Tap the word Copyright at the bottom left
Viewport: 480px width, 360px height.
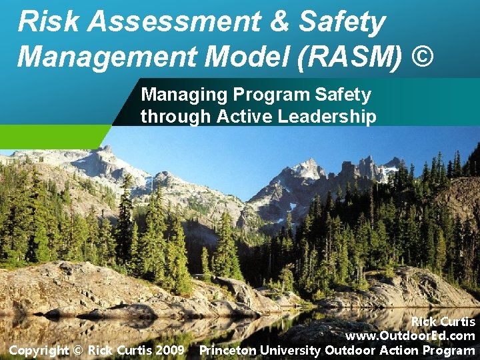point(39,350)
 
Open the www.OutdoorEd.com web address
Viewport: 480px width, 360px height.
point(411,336)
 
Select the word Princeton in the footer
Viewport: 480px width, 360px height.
point(228,350)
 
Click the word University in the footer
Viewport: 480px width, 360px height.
point(289,350)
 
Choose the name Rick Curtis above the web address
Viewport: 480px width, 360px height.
point(443,322)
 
